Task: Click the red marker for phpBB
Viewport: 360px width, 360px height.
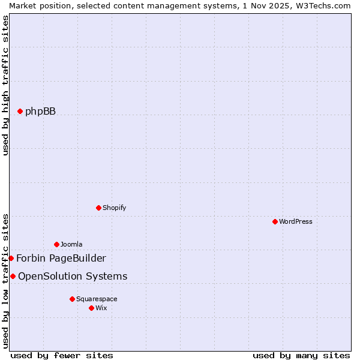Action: tap(20, 111)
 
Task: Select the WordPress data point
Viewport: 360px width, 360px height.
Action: tap(275, 221)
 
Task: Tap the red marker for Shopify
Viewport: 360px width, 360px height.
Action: tap(98, 208)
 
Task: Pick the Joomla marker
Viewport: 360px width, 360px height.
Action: tap(56, 244)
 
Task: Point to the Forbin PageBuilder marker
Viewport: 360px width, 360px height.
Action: tap(11, 258)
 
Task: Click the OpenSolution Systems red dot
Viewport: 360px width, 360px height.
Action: tap(13, 276)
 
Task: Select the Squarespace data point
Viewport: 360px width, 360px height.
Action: tap(72, 299)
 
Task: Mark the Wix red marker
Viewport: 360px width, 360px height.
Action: tap(91, 308)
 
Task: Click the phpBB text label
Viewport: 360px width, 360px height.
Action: tap(40, 111)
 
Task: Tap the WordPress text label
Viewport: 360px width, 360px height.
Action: tap(296, 221)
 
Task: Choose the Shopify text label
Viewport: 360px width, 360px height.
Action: tap(114, 208)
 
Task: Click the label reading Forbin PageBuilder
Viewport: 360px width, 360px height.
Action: tap(61, 258)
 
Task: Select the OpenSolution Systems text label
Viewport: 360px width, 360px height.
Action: tap(73, 276)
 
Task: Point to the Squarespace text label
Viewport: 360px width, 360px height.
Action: tap(97, 299)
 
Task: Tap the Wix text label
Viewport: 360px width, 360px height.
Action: tap(101, 308)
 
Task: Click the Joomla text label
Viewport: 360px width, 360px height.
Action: tap(71, 244)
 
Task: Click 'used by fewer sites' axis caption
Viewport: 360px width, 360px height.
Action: tap(62, 355)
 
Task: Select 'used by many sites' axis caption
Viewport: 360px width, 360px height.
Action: tap(301, 355)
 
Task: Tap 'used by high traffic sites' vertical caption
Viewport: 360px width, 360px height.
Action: tap(5, 85)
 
